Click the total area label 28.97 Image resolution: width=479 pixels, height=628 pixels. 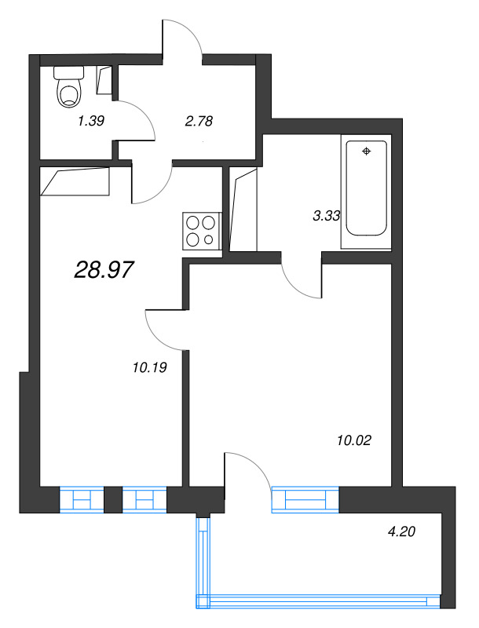point(104,270)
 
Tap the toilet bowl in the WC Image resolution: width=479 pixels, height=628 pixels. point(69,89)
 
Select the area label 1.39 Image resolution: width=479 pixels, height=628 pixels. point(92,121)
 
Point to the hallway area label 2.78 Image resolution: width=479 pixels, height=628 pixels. point(199,121)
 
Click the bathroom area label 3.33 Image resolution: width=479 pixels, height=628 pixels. point(326,217)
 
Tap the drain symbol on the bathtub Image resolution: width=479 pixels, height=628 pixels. point(366,151)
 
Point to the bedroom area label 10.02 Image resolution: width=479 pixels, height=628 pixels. point(352,440)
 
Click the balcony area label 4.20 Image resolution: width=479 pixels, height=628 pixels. point(401,531)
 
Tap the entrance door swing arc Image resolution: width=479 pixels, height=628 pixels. point(186,35)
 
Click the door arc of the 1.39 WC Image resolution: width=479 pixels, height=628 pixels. point(140,118)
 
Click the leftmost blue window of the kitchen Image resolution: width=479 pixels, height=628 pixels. point(82,500)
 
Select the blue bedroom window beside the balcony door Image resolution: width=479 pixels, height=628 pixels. point(305,500)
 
